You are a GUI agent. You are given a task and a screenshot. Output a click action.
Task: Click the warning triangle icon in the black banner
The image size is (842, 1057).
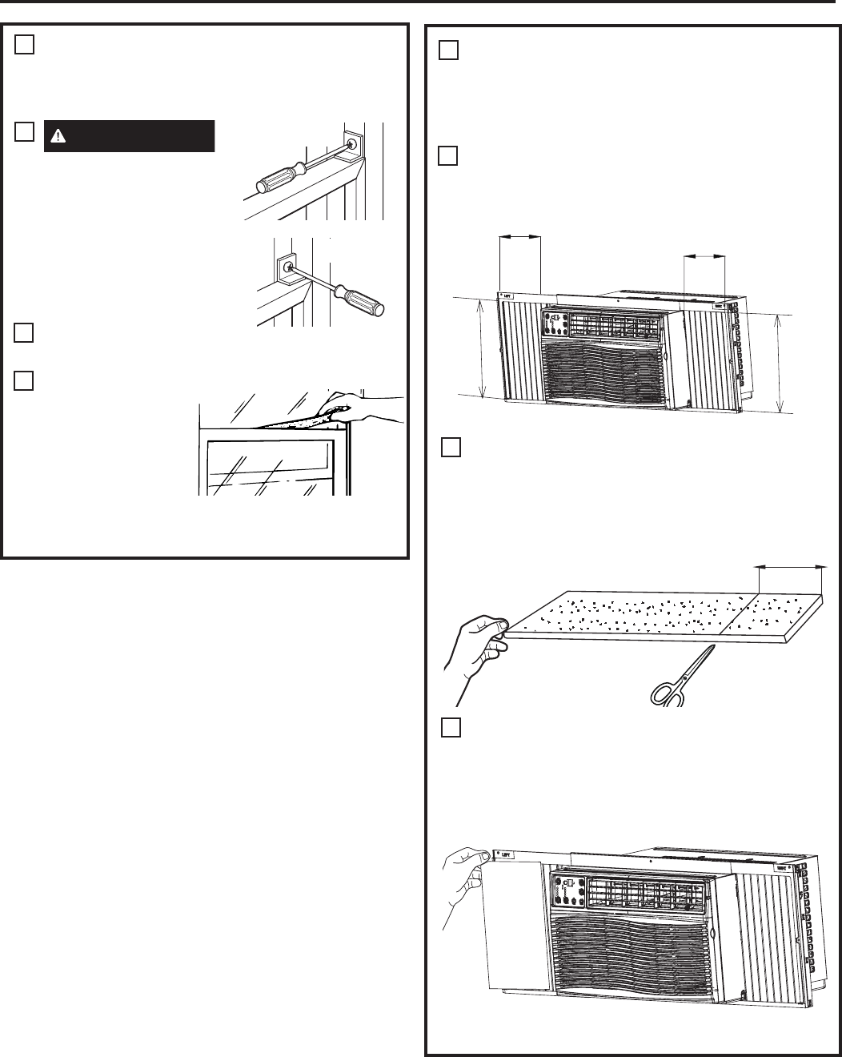point(58,136)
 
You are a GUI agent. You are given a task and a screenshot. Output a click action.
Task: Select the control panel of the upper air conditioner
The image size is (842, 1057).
point(555,326)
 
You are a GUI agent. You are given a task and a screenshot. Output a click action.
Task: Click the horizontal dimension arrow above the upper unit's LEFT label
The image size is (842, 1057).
point(519,236)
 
